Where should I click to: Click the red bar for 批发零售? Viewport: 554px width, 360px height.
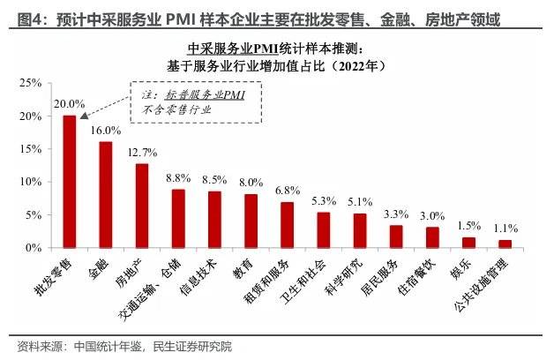pyautogui.click(x=69, y=182)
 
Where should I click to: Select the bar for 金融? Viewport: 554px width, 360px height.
pyautogui.click(x=105, y=195)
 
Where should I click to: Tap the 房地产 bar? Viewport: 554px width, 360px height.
pyautogui.click(x=141, y=206)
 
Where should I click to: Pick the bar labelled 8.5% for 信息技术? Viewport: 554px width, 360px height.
pyautogui.click(x=214, y=220)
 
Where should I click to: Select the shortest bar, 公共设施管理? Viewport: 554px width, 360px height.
pyautogui.click(x=505, y=244)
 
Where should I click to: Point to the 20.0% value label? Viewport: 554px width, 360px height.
pyautogui.click(x=69, y=103)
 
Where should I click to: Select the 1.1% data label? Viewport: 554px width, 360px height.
pyautogui.click(x=506, y=229)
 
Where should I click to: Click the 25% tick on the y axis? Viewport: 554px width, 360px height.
pyautogui.click(x=31, y=83)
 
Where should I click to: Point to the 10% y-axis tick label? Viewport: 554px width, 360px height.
pyautogui.click(x=31, y=182)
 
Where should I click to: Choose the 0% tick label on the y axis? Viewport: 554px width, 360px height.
pyautogui.click(x=34, y=248)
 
